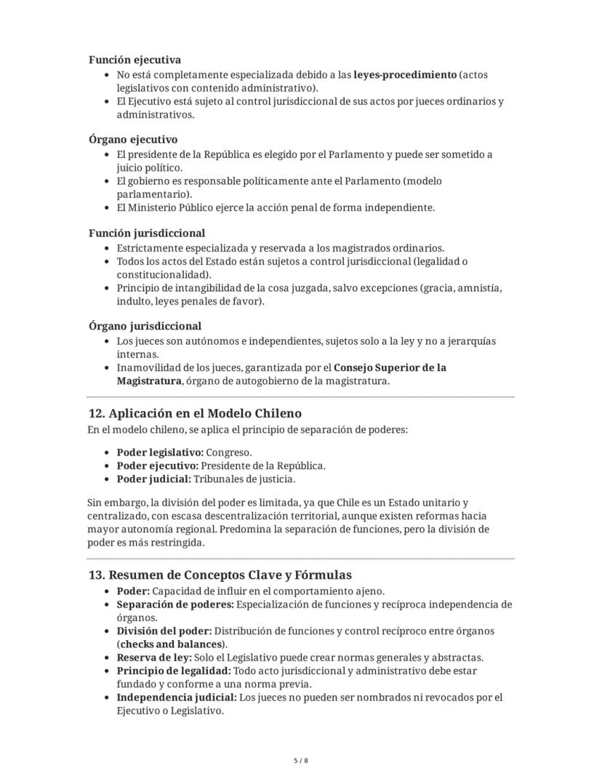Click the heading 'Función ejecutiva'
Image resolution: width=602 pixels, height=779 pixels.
pos(135,60)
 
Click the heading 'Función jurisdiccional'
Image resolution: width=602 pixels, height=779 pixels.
pos(146,233)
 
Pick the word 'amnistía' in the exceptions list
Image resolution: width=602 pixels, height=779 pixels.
pos(481,288)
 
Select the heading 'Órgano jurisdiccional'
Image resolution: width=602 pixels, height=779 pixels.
pos(145,327)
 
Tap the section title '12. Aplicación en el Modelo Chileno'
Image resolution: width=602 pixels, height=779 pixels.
pos(194,414)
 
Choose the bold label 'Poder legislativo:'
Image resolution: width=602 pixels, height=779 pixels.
pos(160,452)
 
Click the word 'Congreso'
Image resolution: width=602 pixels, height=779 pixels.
pos(229,452)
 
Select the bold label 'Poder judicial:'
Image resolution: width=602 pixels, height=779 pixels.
pos(153,479)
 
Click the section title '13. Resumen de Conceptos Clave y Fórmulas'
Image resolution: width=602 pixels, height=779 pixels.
pos(220,575)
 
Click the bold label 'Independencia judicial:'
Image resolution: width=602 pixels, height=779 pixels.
pos(177,698)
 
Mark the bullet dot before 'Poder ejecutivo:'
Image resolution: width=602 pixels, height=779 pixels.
pos(108,466)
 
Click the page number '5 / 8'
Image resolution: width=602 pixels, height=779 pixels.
pos(301,761)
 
